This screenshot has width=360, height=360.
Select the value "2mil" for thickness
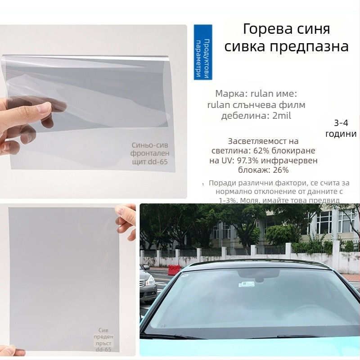[x=283, y=116]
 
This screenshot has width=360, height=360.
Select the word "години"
[x=342, y=134]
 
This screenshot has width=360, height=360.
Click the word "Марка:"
[x=231, y=94]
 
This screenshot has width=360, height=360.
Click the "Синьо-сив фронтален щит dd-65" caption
[x=149, y=153]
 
